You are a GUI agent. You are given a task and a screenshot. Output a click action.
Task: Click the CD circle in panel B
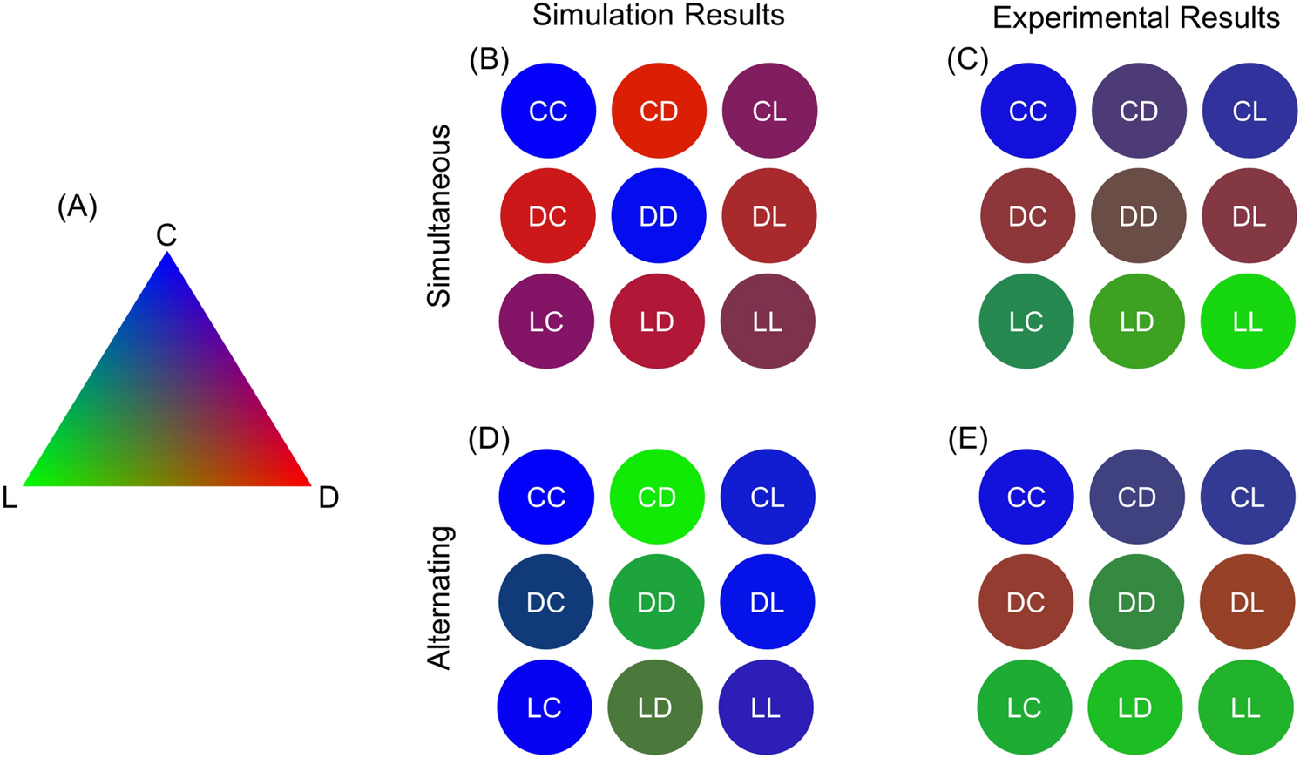(x=659, y=111)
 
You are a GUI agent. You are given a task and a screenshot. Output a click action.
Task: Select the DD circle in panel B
(x=658, y=216)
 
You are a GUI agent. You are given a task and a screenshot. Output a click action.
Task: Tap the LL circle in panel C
(x=1248, y=321)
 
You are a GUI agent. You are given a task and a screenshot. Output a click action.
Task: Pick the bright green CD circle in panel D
(x=657, y=497)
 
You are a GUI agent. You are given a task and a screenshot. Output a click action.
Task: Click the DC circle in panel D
(x=546, y=602)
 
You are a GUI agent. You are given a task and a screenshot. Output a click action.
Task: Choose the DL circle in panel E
(x=1247, y=602)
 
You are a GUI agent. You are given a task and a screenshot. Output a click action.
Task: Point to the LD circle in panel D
(x=655, y=707)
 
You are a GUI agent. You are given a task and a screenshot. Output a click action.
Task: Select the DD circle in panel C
(x=1138, y=216)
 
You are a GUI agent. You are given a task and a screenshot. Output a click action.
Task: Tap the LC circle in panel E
(x=1025, y=707)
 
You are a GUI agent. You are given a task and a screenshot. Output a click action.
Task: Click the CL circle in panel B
(x=769, y=111)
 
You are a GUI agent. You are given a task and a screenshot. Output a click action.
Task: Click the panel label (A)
(x=77, y=206)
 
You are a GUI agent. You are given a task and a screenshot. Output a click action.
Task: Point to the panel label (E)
(x=967, y=440)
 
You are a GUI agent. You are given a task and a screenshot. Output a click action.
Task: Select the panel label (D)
(x=488, y=439)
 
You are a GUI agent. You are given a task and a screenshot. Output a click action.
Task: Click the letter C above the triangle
(x=166, y=234)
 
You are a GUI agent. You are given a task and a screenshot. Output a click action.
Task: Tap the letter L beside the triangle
(x=10, y=497)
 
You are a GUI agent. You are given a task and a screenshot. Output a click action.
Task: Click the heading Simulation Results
(x=658, y=15)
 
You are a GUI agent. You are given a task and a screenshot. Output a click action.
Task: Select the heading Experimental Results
(x=1136, y=17)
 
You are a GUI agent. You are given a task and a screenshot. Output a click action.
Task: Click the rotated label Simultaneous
(x=439, y=215)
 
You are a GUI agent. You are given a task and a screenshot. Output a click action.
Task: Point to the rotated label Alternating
(x=439, y=598)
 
